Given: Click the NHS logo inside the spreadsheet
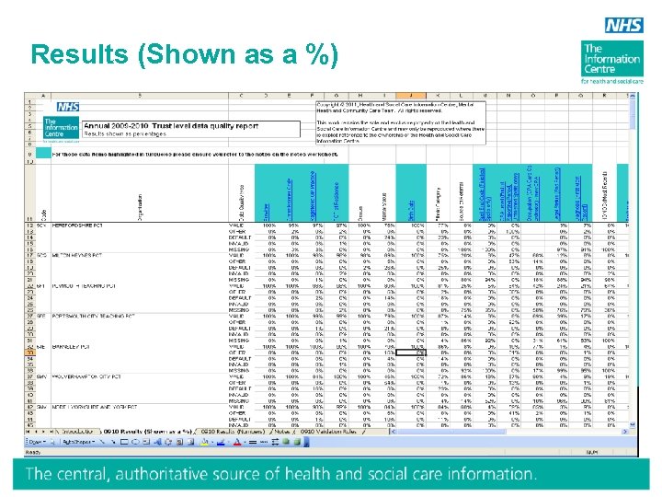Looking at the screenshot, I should click(x=67, y=107).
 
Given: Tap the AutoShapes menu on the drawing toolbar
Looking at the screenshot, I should click(x=91, y=442).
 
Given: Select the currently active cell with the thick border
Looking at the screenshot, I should click(x=417, y=352).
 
